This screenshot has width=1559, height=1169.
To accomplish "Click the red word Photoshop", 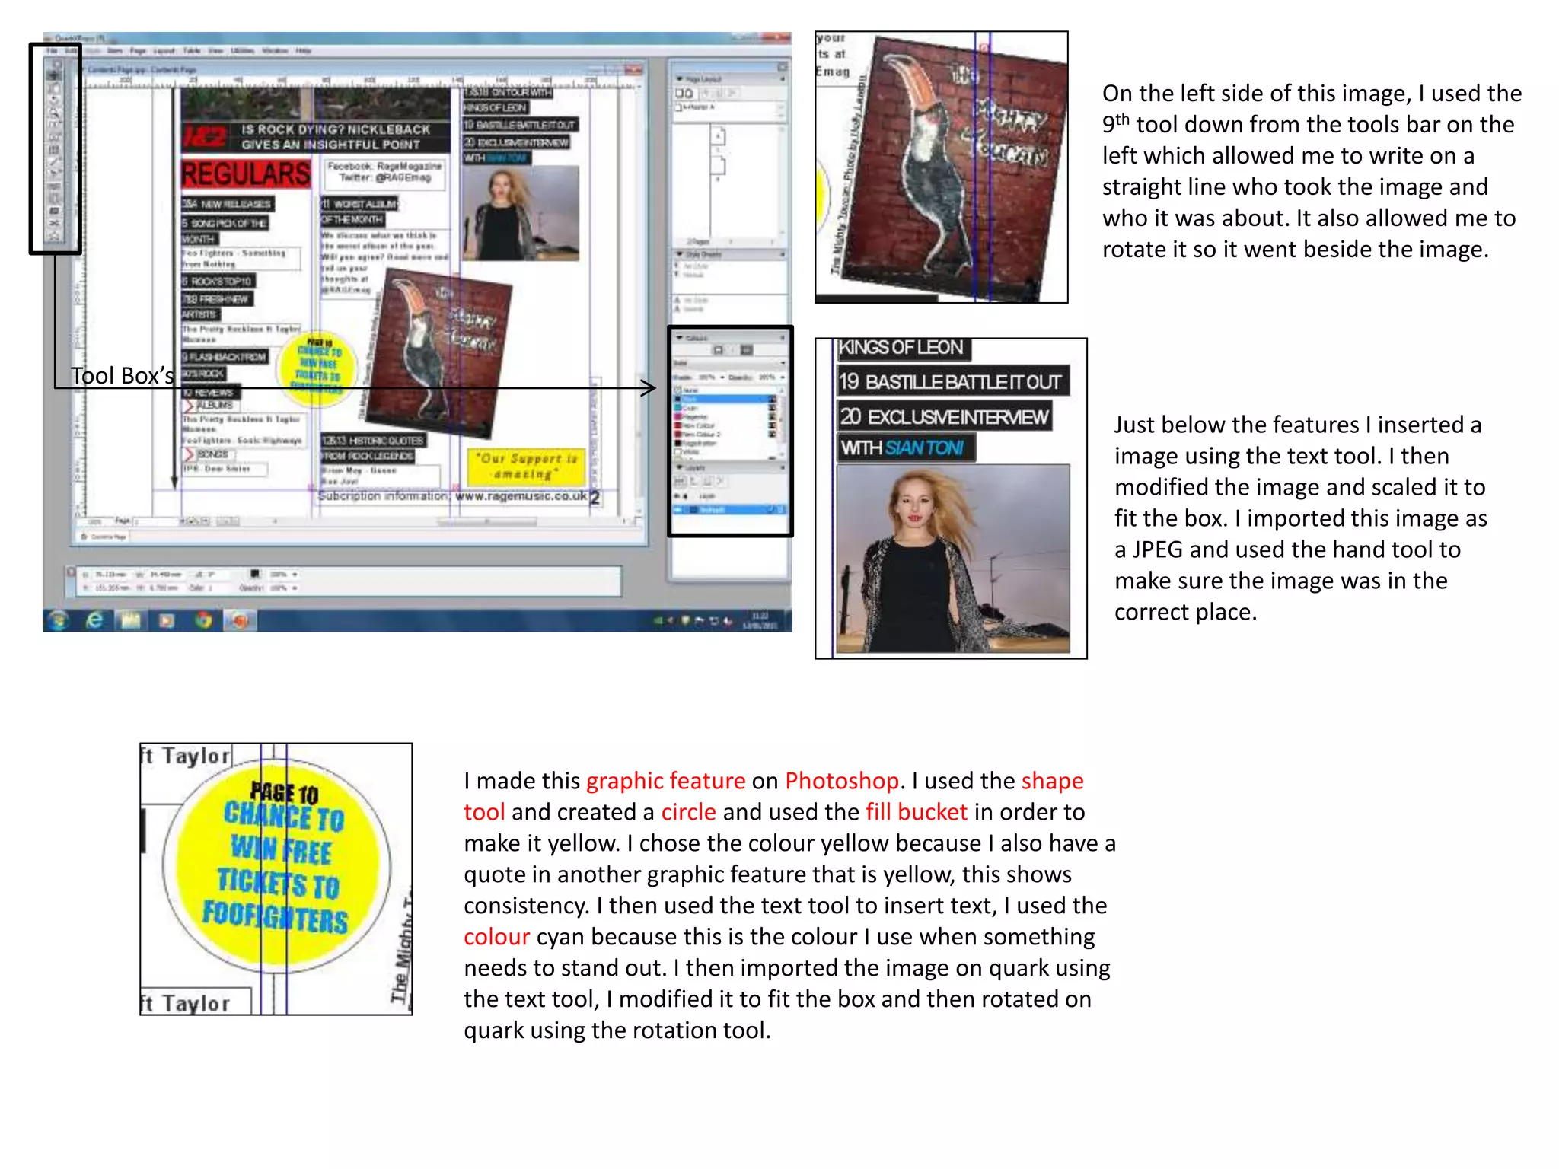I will click(841, 781).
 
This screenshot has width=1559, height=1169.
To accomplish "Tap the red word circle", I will click(688, 812).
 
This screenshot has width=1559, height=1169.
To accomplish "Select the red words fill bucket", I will click(917, 812).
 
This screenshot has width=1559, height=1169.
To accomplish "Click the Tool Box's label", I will click(122, 375).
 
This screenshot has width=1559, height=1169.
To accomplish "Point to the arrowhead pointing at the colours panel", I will click(649, 388).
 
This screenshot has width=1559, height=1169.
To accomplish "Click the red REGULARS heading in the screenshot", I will click(246, 174).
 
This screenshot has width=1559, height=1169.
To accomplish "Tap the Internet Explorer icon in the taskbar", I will click(94, 620).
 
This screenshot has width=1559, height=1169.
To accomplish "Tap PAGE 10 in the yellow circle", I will click(284, 793).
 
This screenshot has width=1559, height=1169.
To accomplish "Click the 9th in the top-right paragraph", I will click(1116, 124).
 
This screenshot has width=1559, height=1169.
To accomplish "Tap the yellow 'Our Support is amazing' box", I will click(525, 466).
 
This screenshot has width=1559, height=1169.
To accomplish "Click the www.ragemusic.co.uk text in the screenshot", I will click(521, 496).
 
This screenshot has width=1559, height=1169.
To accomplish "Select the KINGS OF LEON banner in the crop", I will click(901, 348).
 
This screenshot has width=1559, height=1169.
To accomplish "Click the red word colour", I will click(496, 937).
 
